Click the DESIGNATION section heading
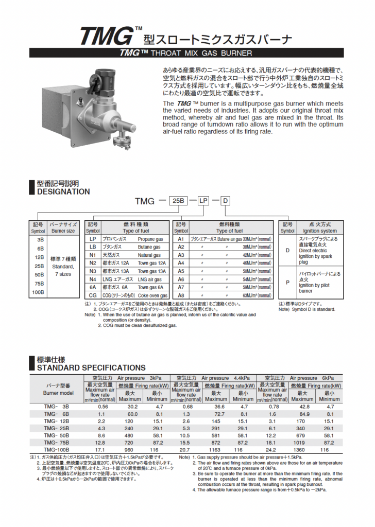(63, 191)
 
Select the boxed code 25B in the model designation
(181, 201)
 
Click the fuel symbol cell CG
(93, 296)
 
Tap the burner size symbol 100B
(39, 292)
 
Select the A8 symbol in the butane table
(181, 296)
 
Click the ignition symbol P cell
(287, 283)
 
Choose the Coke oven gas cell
(153, 296)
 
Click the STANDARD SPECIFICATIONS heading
(91, 367)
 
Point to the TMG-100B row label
(57, 449)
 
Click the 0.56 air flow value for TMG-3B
(103, 406)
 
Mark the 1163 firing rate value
(216, 449)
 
